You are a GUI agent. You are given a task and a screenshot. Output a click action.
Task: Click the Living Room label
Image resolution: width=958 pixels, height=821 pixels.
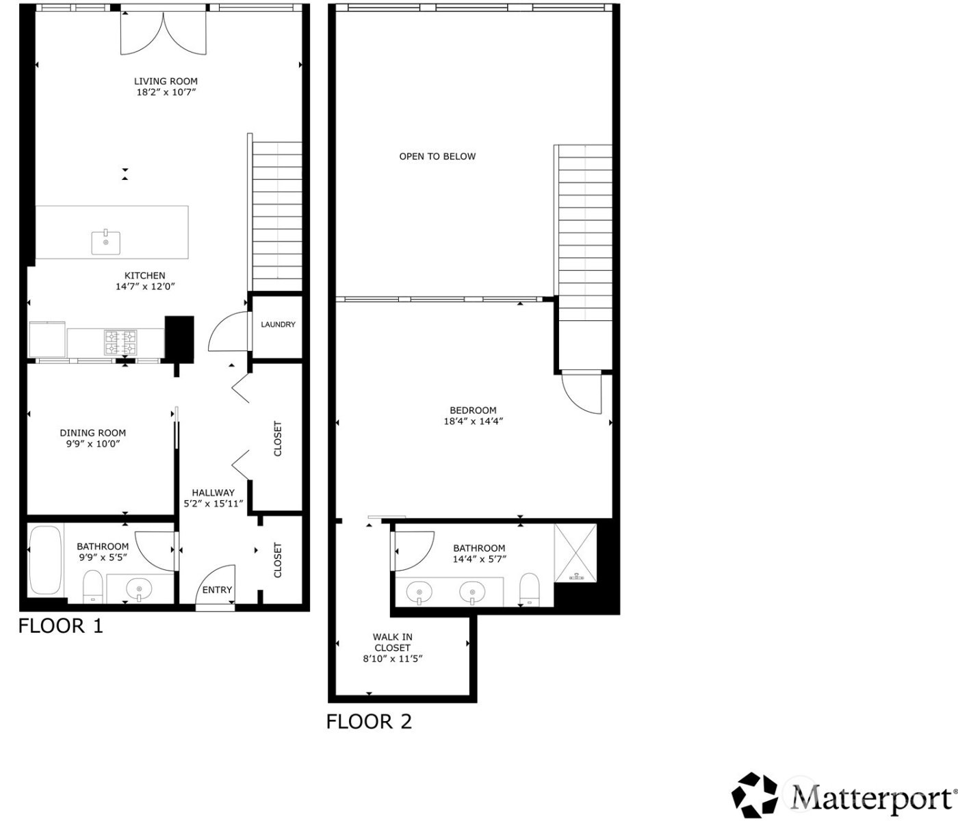tap(166, 81)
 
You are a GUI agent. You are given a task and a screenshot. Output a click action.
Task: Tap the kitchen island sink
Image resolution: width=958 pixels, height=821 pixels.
tap(106, 242)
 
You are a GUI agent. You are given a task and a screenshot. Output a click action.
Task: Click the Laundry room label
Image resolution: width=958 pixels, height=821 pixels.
tap(278, 324)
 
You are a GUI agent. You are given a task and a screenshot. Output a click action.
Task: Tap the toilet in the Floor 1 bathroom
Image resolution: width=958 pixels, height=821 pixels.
tap(92, 588)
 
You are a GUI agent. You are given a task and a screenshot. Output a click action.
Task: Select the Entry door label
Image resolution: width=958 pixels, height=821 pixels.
tap(217, 590)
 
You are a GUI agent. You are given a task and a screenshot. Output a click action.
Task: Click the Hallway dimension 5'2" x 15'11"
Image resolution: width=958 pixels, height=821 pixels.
tap(213, 504)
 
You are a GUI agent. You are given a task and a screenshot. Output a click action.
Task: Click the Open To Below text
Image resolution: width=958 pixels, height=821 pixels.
tap(437, 157)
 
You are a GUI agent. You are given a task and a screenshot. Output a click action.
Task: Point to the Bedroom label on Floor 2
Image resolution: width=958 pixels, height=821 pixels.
tap(473, 410)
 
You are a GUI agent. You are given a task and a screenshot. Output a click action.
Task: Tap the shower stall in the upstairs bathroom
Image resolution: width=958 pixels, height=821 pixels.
tap(575, 553)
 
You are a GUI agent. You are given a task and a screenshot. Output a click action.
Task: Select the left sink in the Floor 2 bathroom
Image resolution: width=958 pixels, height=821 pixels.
tap(419, 591)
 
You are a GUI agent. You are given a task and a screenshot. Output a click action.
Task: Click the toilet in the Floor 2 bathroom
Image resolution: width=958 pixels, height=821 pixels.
tap(529, 589)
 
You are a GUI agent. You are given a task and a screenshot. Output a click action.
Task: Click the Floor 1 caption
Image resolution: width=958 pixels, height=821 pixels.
tap(60, 626)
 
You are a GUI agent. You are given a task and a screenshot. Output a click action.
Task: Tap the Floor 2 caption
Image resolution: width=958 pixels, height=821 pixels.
tap(369, 722)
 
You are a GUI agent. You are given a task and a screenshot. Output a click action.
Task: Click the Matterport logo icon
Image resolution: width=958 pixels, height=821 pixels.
tap(755, 796)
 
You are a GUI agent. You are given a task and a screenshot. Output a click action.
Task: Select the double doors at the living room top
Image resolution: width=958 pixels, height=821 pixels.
tap(163, 33)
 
